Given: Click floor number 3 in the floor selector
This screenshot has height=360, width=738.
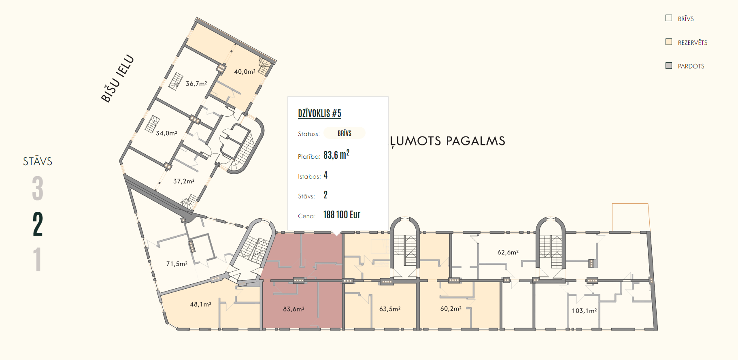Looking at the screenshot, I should click(x=38, y=188).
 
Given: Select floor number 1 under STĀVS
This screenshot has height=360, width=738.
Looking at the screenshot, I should click(x=38, y=260).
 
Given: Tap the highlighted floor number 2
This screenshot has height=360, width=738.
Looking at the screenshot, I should click(x=38, y=224).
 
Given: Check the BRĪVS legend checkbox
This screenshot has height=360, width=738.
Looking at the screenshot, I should click(x=669, y=18).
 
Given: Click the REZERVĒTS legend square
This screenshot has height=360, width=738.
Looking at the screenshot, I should click(x=669, y=42).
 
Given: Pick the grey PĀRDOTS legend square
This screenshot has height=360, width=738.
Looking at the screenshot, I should click(x=669, y=66).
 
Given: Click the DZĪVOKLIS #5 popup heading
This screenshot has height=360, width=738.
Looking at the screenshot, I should click(x=319, y=113).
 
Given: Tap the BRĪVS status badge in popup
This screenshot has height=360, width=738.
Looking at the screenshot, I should click(x=345, y=133).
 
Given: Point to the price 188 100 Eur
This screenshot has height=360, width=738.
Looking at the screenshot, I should click(x=342, y=215).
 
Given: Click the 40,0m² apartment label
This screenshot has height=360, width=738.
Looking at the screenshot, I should click(x=245, y=72).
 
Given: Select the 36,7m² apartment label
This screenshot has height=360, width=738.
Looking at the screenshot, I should click(x=196, y=84).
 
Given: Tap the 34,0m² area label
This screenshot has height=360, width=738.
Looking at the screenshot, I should click(x=166, y=133).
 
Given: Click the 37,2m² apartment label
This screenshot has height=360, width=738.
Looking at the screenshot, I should click(x=184, y=181).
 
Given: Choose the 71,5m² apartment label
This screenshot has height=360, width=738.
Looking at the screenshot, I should click(x=177, y=264).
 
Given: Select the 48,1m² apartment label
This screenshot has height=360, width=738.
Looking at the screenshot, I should click(x=200, y=304).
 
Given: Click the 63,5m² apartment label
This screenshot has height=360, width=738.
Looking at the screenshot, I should click(x=390, y=309).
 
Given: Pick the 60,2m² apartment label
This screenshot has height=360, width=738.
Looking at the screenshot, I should click(x=451, y=309).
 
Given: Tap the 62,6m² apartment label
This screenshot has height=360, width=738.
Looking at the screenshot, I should click(x=508, y=252).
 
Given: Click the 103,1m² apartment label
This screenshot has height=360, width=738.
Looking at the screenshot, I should click(x=584, y=311).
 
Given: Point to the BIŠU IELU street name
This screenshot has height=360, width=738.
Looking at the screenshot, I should click(x=117, y=78).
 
